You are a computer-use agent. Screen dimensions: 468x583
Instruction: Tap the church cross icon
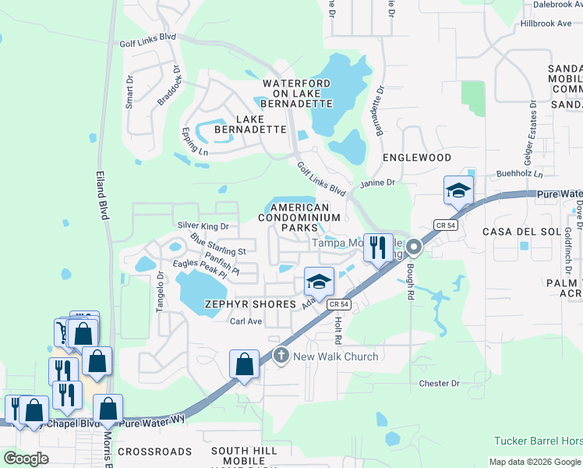[x=281, y=356]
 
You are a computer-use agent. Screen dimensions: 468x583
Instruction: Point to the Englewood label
[x=417, y=158]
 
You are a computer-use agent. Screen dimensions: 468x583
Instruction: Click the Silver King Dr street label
[x=203, y=226]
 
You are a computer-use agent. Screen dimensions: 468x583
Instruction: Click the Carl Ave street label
[x=246, y=321]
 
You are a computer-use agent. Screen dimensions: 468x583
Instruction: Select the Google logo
[x=26, y=459]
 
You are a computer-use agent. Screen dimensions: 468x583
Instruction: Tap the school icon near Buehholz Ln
[x=458, y=190]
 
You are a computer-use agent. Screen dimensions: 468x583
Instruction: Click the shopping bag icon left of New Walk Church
[x=244, y=363]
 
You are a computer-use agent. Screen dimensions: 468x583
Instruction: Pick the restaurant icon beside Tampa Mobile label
[x=378, y=247]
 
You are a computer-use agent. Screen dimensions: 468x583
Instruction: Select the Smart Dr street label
[x=130, y=92]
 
